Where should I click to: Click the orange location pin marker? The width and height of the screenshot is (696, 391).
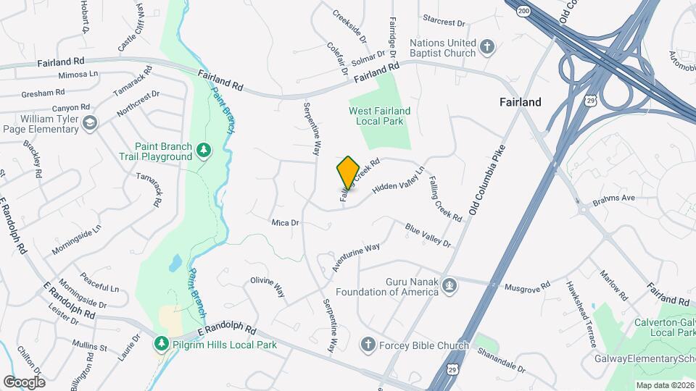(348, 172)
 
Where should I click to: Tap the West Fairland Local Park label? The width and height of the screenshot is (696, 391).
(379, 116)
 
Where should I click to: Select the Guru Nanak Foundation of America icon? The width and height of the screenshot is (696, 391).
(449, 285)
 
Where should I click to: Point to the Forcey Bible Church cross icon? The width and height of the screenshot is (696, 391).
(368, 345)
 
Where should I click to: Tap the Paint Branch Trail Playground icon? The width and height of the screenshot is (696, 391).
(204, 150)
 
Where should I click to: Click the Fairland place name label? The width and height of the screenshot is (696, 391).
(520, 102)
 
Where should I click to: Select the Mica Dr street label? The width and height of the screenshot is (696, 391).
(285, 223)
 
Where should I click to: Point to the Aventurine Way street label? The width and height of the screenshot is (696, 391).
(356, 258)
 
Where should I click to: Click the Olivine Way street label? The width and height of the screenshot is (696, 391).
(268, 287)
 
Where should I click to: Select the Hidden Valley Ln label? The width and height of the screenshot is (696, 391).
(398, 180)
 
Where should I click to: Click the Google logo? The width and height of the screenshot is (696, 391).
(24, 382)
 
